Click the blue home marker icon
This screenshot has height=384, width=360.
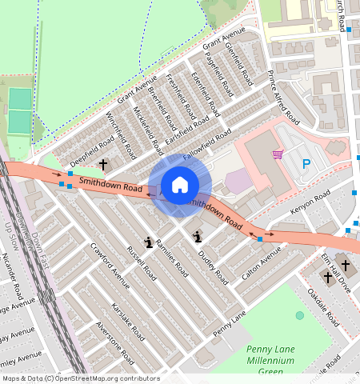point(180,185)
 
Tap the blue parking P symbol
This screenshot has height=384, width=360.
point(306,164)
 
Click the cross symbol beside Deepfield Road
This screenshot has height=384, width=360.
point(102,164)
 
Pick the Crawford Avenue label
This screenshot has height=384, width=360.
point(110,265)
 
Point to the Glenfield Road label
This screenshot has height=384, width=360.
point(239,63)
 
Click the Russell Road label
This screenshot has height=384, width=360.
point(142,263)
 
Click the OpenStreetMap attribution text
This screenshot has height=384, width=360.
point(81,378)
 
